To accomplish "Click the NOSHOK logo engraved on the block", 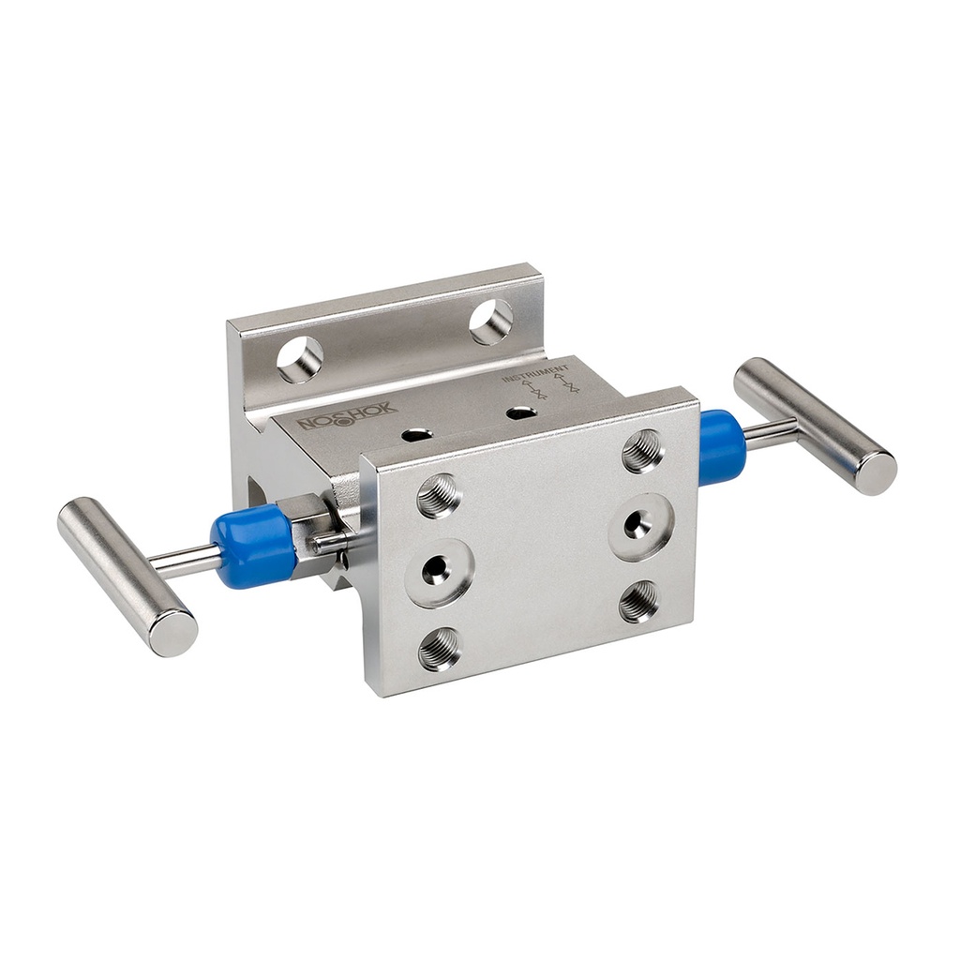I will pyautogui.click(x=348, y=417).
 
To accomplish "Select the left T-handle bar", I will pyautogui.click(x=127, y=576).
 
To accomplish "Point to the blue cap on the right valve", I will pyautogui.click(x=722, y=446).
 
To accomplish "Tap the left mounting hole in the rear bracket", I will pyautogui.click(x=300, y=359).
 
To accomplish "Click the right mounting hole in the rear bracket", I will pyautogui.click(x=491, y=322).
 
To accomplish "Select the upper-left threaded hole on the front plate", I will pyautogui.click(x=439, y=495).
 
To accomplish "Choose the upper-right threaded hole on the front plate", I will pyautogui.click(x=643, y=450).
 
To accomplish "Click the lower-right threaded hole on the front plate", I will pyautogui.click(x=639, y=601).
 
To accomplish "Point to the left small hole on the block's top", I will pyautogui.click(x=416, y=435).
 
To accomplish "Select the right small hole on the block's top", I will pyautogui.click(x=520, y=412).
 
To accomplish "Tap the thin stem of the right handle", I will pyautogui.click(x=771, y=432).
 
